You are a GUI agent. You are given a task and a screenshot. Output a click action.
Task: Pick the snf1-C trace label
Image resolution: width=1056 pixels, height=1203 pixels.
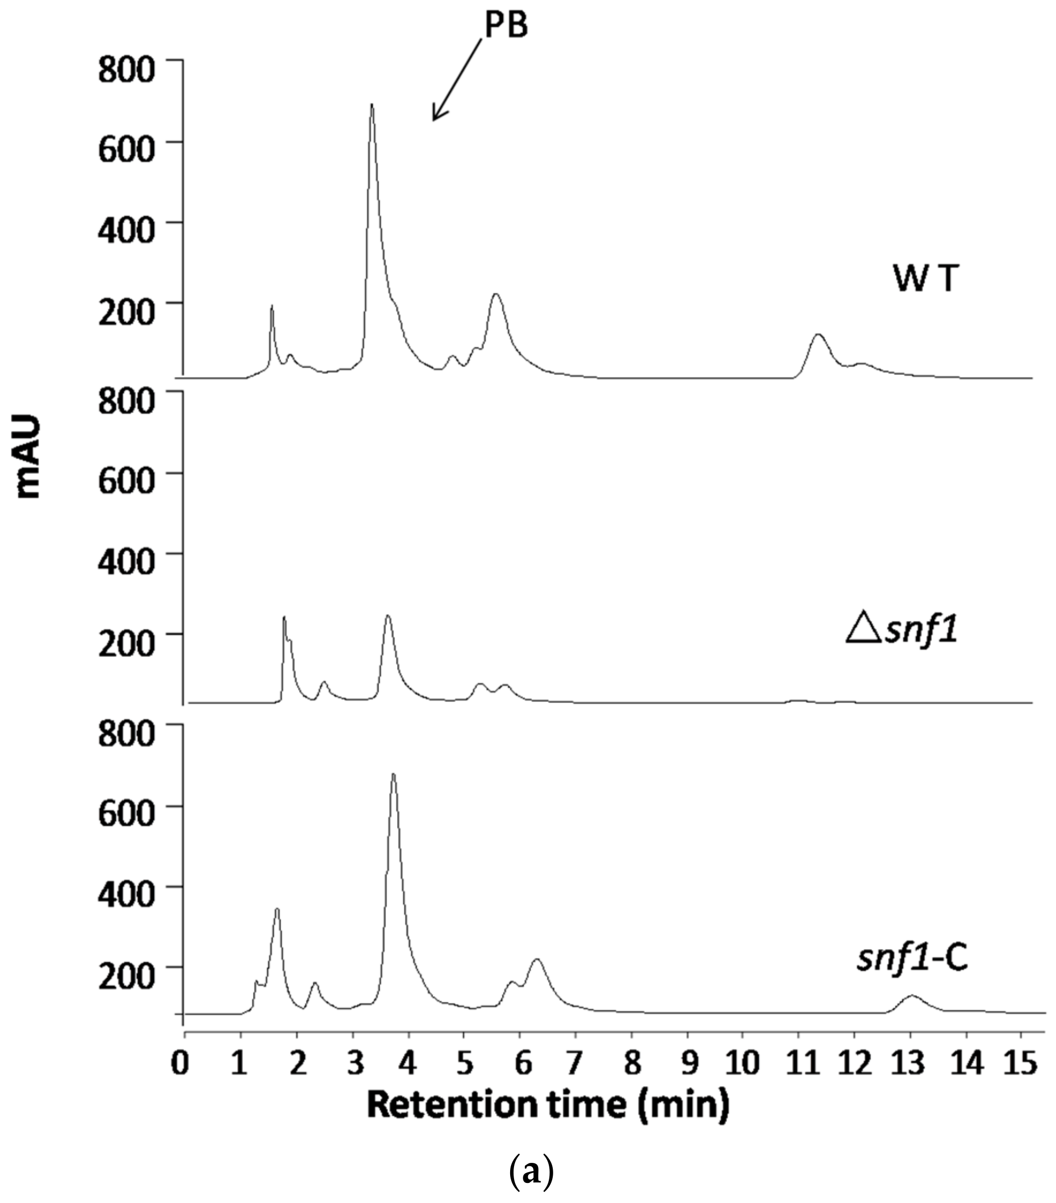pos(912,958)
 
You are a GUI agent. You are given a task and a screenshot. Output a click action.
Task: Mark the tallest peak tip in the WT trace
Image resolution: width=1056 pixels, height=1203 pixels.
pos(371,105)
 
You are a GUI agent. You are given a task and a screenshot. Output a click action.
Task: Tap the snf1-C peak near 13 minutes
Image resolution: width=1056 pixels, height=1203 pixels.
pos(912,996)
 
